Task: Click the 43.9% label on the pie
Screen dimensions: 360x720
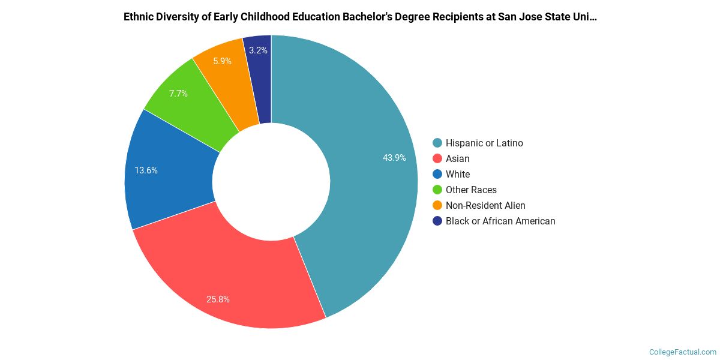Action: (394, 158)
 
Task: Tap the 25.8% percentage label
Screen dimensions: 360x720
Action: (218, 299)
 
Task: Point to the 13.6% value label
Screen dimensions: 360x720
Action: (146, 170)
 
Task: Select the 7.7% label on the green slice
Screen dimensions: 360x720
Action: (178, 94)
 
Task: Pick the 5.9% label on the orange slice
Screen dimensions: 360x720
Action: (222, 61)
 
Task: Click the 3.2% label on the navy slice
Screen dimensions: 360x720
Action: (258, 50)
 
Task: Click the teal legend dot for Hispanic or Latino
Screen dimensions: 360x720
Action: (437, 143)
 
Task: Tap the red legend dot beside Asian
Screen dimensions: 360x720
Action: (437, 158)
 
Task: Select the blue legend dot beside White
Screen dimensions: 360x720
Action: (437, 174)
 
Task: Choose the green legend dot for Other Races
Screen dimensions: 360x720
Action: (437, 190)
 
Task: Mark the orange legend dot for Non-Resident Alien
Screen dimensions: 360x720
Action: (437, 205)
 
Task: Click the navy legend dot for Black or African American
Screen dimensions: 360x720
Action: (437, 221)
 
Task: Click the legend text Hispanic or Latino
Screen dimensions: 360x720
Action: (484, 143)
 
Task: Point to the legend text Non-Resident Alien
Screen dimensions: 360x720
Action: (485, 205)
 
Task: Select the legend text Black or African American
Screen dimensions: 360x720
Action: (500, 221)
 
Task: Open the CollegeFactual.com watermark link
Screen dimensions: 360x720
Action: (682, 352)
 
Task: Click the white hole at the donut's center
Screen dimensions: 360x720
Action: (271, 182)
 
